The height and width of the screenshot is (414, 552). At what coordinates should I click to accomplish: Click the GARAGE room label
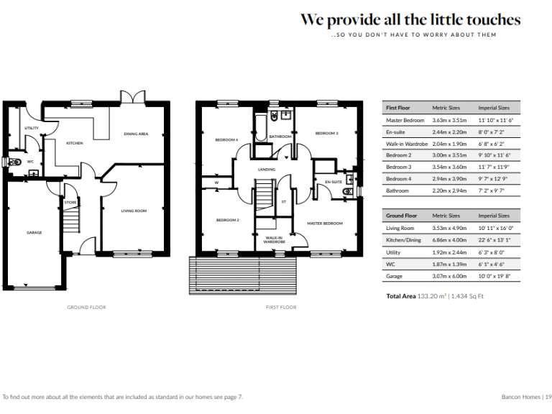click(34, 232)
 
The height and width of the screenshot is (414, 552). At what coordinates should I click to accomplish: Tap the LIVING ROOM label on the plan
click(134, 211)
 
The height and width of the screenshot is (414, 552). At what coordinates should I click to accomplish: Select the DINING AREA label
click(136, 134)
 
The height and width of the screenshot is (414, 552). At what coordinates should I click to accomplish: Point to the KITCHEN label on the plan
click(75, 143)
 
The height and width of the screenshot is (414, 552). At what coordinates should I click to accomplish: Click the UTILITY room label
click(32, 128)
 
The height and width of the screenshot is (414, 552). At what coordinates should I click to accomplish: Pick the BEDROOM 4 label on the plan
click(226, 139)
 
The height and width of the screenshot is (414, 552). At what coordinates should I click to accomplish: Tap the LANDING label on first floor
click(267, 170)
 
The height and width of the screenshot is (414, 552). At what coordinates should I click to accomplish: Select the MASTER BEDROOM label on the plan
click(325, 223)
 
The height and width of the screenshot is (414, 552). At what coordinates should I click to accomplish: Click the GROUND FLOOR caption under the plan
click(87, 307)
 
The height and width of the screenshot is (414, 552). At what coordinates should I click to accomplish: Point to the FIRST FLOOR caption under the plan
click(280, 307)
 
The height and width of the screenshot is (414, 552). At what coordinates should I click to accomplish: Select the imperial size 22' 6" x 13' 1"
click(495, 239)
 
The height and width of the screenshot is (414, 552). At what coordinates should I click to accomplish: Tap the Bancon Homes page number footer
click(526, 396)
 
